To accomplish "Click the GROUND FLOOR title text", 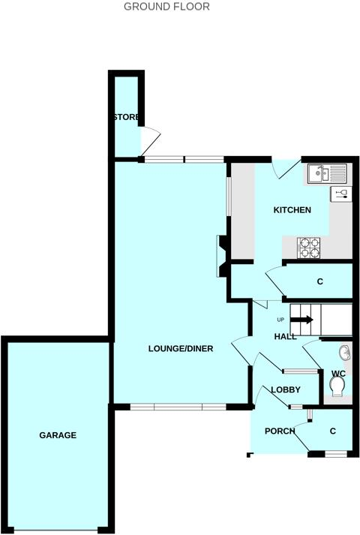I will pos(166,7).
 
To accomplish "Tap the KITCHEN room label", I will pos(292,210).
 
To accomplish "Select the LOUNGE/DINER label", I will pos(180,348).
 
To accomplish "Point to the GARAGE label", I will pos(58,435).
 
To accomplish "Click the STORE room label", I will pos(126,118).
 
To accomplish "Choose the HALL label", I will pos(285,337).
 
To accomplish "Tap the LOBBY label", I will pos(285,389).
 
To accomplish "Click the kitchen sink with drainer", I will pos(327,175).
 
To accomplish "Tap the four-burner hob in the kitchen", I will pos(309,247).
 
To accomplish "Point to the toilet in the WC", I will pos(337,386).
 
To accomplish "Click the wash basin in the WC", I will pos(343,352).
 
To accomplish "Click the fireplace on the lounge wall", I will pos(223,256).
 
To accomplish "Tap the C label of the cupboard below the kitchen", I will pos(319,282).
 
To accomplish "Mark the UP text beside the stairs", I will pos(280,319).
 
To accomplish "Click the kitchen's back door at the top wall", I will pos(287,170).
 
